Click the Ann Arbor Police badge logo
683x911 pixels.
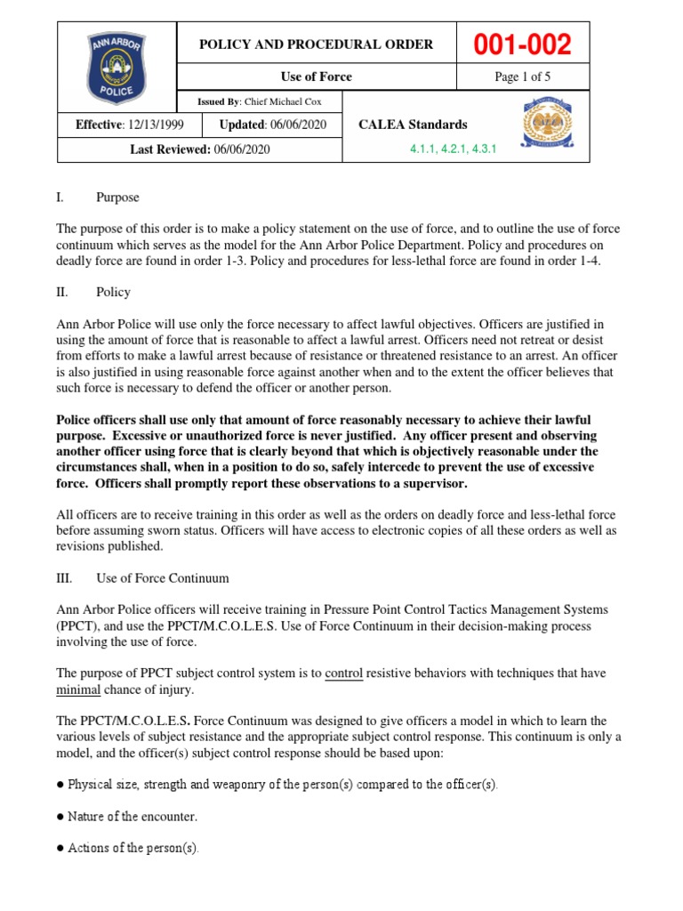point(117,66)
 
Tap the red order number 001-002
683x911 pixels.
point(523,44)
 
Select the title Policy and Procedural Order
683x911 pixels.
point(317,44)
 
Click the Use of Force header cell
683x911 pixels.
point(317,77)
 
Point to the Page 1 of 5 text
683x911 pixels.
point(523,77)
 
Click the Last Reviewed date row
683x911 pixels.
point(200,149)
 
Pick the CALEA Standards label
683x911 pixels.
point(412,125)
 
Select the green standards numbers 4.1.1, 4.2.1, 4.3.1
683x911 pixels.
point(452,150)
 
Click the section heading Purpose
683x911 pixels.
point(117,198)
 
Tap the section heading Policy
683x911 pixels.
point(115,292)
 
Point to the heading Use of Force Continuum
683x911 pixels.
point(162,578)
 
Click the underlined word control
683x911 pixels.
point(343,674)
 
